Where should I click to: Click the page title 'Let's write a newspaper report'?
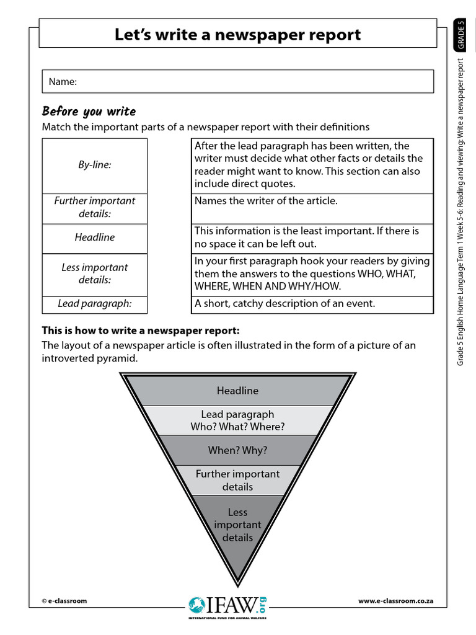pyautogui.click(x=237, y=35)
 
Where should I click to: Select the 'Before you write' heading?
pyautogui.click(x=89, y=112)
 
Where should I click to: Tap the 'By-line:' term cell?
pyautogui.click(x=95, y=165)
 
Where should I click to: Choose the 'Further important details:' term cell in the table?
pyautogui.click(x=95, y=207)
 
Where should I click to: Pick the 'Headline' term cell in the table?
pyautogui.click(x=95, y=238)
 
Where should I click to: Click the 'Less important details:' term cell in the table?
pyautogui.click(x=95, y=273)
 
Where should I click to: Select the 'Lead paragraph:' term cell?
pyautogui.click(x=95, y=304)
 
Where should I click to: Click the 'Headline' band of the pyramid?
pyautogui.click(x=237, y=391)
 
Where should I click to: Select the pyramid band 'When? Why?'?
pyautogui.click(x=237, y=450)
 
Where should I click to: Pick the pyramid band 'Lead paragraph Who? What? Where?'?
pyautogui.click(x=237, y=420)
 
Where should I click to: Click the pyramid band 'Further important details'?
pyautogui.click(x=237, y=480)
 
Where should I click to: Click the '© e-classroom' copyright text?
pyautogui.click(x=64, y=601)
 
